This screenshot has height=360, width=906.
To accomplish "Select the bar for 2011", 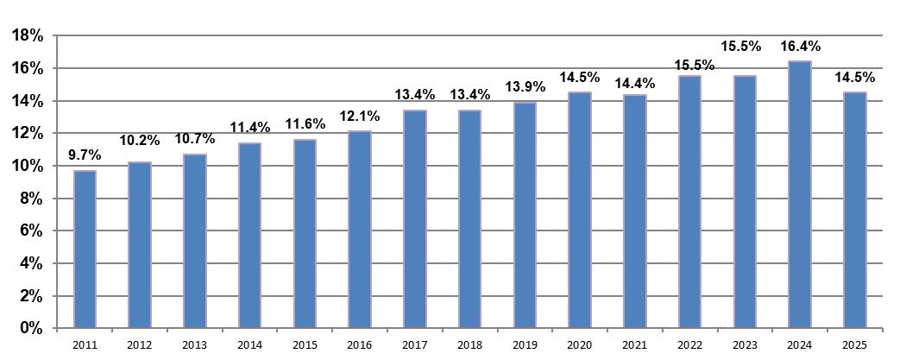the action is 85,249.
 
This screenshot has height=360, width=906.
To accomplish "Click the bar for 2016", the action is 360,230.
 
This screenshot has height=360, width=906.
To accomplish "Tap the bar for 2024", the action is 800,195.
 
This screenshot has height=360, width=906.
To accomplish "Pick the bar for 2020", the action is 580,211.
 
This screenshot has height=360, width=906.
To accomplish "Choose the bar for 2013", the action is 195,241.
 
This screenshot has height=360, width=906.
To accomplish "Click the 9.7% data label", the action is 85,155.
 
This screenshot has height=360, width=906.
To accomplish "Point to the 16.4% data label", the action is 800,47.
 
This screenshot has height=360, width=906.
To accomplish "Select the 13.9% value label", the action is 525,87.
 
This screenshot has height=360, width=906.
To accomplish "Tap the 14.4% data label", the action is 634,83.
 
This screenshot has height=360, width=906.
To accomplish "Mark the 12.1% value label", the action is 360,117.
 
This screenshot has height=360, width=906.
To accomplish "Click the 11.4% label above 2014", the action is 249,128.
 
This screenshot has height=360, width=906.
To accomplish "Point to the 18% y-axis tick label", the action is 28,35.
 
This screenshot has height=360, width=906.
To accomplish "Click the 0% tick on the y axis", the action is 33,328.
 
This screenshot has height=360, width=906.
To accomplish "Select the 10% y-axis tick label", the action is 28,167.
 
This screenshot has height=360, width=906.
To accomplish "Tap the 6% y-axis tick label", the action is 33,231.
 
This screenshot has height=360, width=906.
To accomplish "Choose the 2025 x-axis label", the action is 854,345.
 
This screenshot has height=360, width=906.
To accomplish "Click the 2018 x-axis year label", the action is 469,345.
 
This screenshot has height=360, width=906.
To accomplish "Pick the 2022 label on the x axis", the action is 690,345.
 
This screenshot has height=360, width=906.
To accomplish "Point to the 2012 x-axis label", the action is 140,345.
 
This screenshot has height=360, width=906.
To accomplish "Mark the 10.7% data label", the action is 195,139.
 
